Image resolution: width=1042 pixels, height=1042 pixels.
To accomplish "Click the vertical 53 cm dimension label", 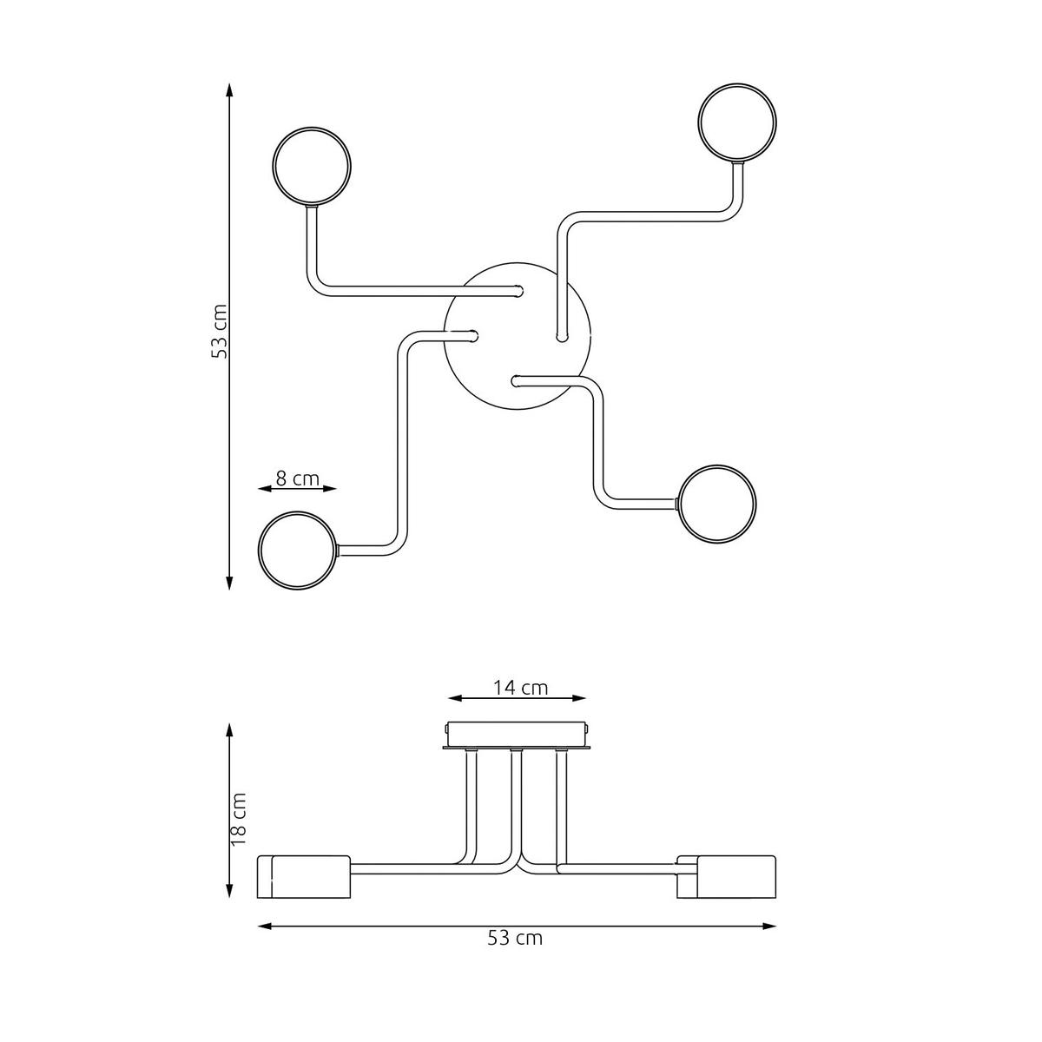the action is tap(220, 331).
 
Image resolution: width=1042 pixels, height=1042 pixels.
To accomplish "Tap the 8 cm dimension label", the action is tap(298, 478).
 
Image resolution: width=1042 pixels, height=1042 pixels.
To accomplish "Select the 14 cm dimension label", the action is tap(520, 688).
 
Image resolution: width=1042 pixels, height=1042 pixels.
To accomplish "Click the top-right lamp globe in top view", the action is tap(737, 122).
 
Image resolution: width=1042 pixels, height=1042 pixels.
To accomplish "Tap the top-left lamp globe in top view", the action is tap(312, 166).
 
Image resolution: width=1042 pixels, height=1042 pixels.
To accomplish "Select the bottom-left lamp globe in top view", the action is tap(298, 550).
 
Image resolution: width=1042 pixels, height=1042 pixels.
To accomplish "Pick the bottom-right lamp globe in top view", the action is tap(717, 504).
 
